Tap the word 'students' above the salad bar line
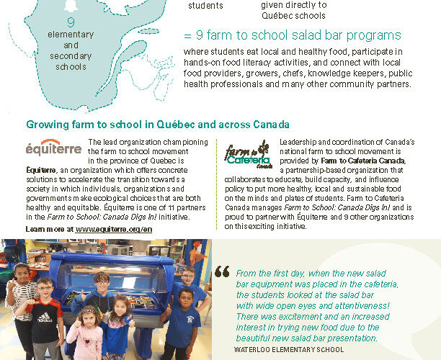[205, 5]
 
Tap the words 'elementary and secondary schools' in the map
[70, 50]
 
